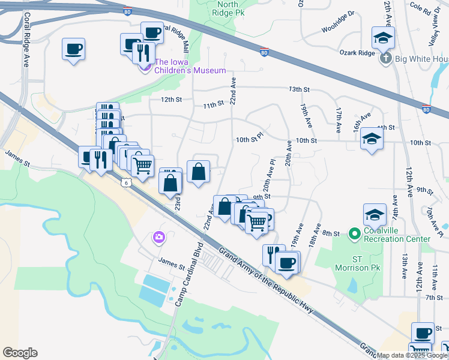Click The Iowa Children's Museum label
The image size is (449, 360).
click(190, 66)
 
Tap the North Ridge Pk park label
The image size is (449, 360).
click(228, 8)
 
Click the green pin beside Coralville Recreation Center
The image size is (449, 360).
click(354, 233)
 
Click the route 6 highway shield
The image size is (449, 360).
click(125, 183)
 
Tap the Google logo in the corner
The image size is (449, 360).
click(20, 353)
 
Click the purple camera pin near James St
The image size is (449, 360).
click(158, 238)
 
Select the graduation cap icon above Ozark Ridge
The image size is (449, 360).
click(382, 38)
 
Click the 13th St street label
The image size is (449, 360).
click(298, 89)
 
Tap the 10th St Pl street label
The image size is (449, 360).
click(250, 139)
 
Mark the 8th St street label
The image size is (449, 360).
click(331, 233)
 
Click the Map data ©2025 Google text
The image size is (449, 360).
click(412, 355)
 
